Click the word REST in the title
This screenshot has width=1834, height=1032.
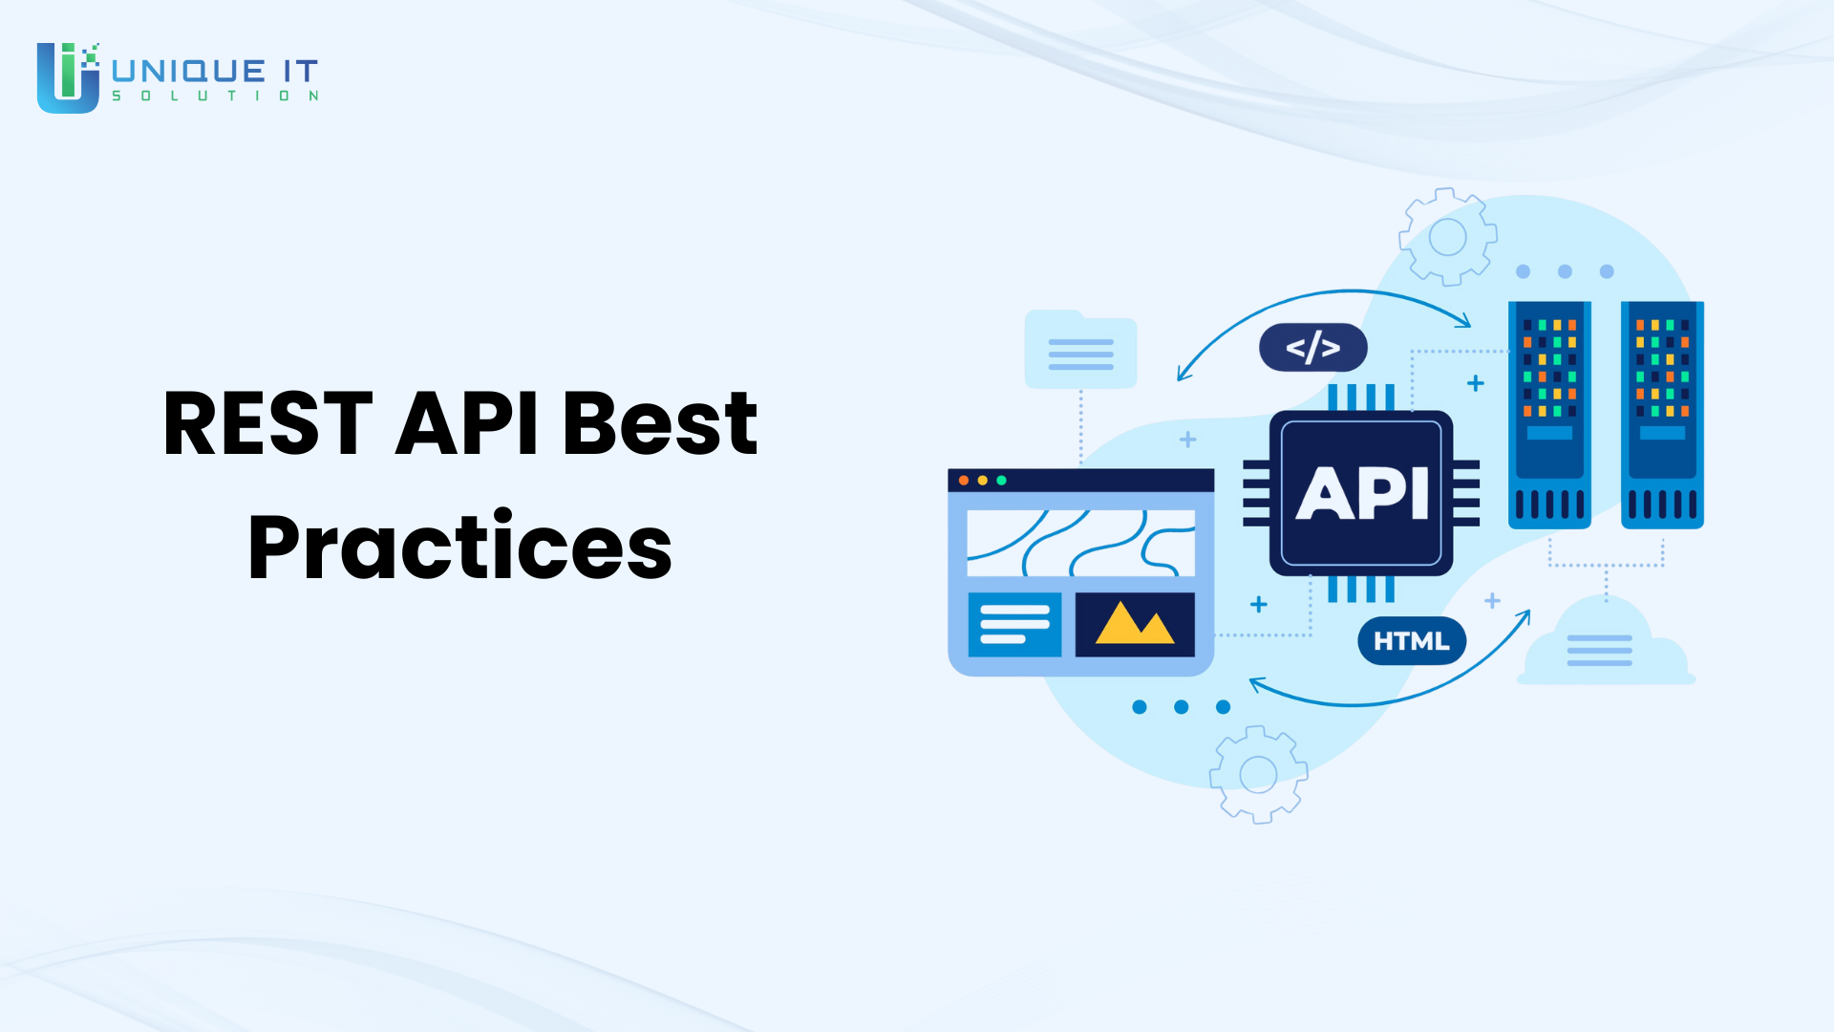click(267, 423)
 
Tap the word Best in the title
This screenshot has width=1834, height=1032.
click(660, 423)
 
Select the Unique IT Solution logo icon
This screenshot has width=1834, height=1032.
click(68, 77)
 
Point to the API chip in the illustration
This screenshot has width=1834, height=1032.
click(1361, 493)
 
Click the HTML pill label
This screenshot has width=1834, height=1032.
click(1412, 641)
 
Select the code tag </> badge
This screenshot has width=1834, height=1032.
click(1313, 348)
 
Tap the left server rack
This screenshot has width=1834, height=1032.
click(1549, 415)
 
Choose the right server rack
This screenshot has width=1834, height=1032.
click(1662, 415)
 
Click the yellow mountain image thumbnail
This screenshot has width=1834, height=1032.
click(1135, 625)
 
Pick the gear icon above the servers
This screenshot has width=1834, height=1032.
click(1447, 237)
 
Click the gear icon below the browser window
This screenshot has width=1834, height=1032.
click(1258, 775)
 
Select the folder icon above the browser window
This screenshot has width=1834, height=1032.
click(1080, 350)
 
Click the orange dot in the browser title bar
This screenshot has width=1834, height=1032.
click(964, 481)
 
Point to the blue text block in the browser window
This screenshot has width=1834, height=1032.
click(1014, 625)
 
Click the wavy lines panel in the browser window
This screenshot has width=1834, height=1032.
click(1080, 543)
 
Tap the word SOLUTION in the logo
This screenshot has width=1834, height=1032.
click(215, 96)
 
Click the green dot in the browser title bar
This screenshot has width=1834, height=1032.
click(1001, 481)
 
